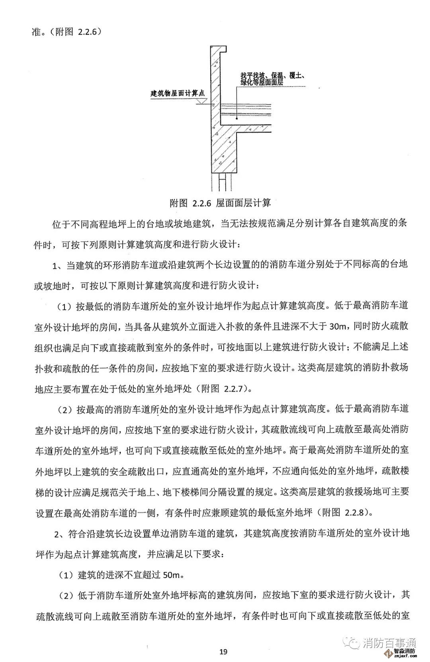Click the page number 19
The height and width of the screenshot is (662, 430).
(223, 651)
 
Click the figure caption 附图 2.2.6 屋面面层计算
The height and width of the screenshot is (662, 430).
(220, 203)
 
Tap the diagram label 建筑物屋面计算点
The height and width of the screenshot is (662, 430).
(177, 94)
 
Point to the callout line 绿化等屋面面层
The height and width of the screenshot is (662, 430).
(262, 82)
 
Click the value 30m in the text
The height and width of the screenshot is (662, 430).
(339, 326)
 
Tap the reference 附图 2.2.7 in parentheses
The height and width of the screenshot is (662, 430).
(224, 388)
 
